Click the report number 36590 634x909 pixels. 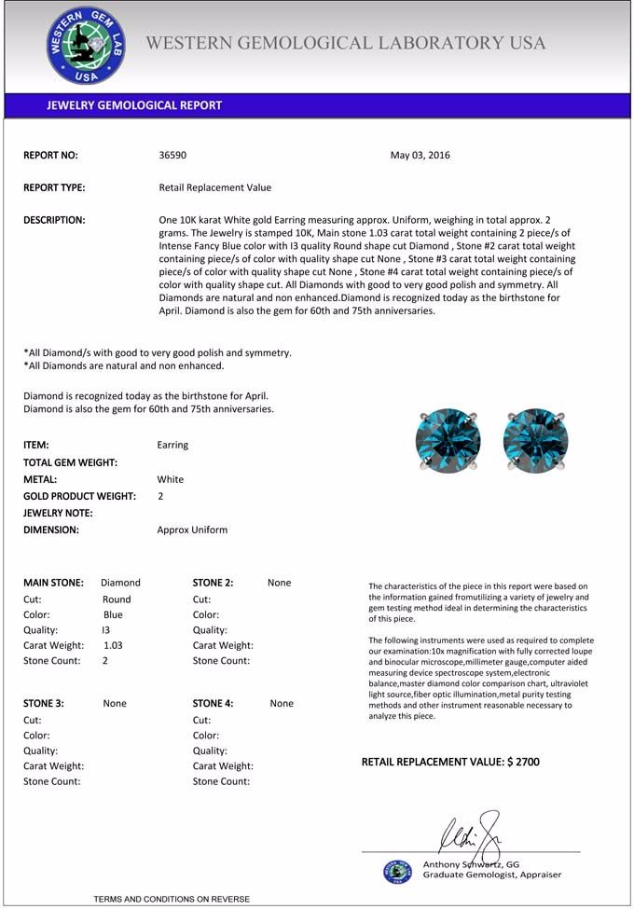[x=173, y=155]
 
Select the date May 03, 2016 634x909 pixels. [x=420, y=155]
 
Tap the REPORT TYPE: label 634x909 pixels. [x=54, y=187]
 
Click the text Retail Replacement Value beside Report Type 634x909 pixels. [x=215, y=187]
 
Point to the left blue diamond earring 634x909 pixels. [x=448, y=440]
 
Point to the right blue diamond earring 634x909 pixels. [x=535, y=440]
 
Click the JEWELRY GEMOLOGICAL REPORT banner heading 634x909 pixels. [x=134, y=105]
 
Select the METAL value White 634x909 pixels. [x=171, y=479]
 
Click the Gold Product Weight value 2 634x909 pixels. [x=160, y=496]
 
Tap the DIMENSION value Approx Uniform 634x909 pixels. [x=192, y=530]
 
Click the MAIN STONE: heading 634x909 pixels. [x=53, y=583]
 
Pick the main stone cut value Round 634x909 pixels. [x=117, y=599]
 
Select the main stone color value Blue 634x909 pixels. [x=113, y=615]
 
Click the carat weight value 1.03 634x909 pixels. [x=113, y=645]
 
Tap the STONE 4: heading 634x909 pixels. [x=214, y=704]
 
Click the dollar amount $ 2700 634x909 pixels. [x=523, y=762]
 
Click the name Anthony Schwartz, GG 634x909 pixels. [x=471, y=864]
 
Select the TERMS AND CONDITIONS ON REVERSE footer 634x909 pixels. [x=172, y=899]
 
